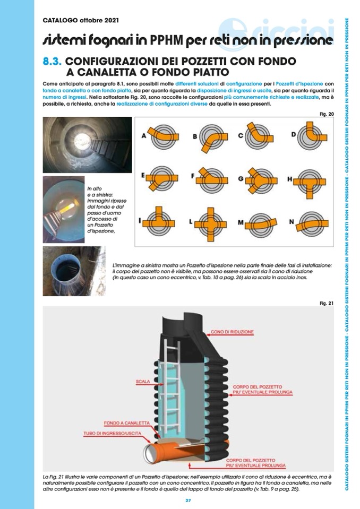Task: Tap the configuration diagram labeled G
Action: pos(260,180)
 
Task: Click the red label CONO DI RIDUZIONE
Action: pos(232,332)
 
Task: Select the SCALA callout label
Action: pos(142,381)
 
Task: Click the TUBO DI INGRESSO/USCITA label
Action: pos(110,433)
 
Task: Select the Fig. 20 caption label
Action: pos(326,114)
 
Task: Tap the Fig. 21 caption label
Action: pos(326,303)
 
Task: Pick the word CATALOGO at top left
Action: pos(61,21)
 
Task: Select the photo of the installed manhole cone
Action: pos(74,271)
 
